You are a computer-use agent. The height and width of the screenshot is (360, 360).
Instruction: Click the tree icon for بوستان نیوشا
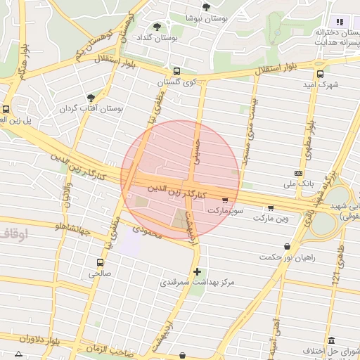(206, 7)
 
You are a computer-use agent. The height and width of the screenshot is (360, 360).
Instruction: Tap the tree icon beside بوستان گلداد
(157, 27)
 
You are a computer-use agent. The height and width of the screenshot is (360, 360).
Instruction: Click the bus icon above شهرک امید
(320, 74)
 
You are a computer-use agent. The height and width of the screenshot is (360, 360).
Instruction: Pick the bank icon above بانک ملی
(299, 173)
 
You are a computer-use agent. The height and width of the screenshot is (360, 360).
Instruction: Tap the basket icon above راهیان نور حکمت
(288, 246)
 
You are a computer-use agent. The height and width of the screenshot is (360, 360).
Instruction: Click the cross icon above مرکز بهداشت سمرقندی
(197, 271)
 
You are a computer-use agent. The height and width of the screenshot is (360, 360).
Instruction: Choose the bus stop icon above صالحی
(100, 263)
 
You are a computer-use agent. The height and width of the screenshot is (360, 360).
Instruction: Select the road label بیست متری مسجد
(247, 133)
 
